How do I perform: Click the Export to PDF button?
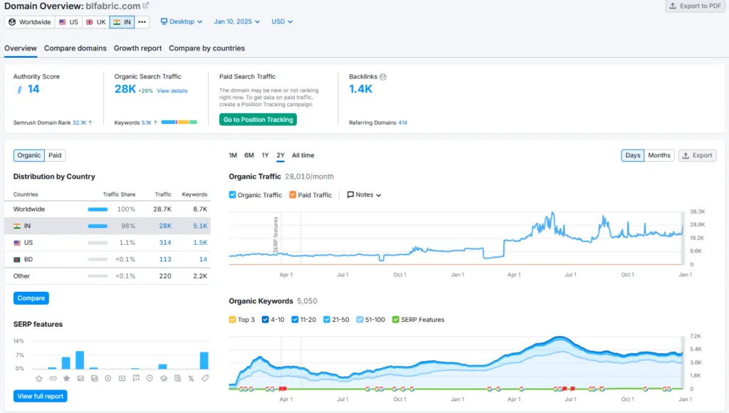pos(695,6)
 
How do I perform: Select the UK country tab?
pos(96,22)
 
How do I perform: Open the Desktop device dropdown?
pos(182,22)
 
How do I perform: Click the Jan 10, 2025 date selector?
pos(236,22)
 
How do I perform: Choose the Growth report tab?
pos(137,48)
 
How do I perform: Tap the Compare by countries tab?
pos(207,48)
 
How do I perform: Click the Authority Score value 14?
pos(33,89)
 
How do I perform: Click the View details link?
pos(172,91)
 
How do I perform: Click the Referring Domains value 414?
pos(403,122)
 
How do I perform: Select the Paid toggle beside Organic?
pos(55,155)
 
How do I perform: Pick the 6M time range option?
pos(249,155)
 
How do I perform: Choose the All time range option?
pos(303,155)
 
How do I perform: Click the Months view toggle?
pos(659,155)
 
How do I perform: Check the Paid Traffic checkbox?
pos(293,195)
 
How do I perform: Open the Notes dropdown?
pos(364,195)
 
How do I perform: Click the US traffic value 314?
pos(165,243)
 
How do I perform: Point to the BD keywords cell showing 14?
pos(203,259)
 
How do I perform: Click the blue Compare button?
pos(31,298)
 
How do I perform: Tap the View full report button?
pos(41,396)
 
